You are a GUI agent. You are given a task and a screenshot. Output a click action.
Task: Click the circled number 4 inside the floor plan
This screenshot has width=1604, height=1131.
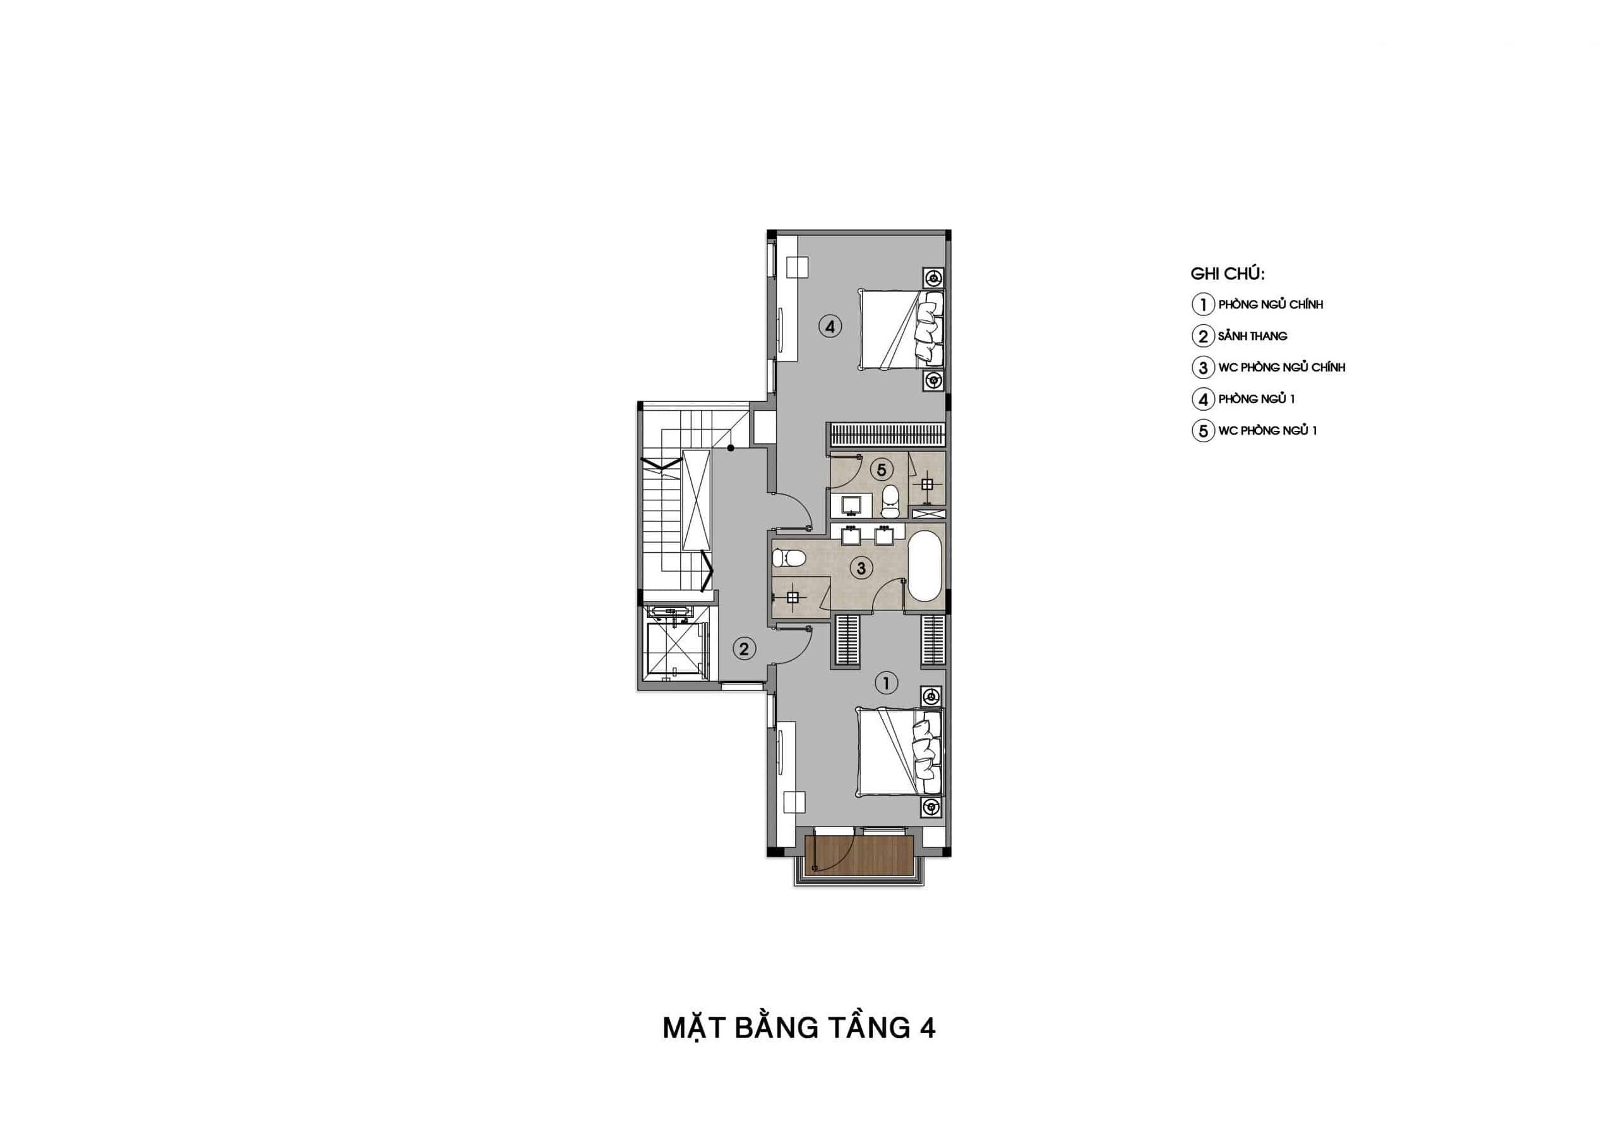pos(830,327)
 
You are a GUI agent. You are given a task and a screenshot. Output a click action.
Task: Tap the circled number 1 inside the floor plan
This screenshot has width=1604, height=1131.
pos(886,683)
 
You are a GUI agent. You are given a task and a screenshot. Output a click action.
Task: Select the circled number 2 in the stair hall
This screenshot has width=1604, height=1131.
pos(743,650)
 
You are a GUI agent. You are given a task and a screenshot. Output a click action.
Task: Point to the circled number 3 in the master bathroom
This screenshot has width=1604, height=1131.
pos(861,568)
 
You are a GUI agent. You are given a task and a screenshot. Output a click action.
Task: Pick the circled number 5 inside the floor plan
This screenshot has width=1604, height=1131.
pos(882,469)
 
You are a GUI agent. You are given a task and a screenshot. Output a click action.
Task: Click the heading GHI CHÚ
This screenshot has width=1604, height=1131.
pos(1228,274)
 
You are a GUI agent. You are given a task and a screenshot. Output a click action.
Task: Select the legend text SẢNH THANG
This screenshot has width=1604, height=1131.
pos(1253,336)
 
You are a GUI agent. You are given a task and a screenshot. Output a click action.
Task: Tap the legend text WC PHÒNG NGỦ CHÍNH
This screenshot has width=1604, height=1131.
pos(1282,368)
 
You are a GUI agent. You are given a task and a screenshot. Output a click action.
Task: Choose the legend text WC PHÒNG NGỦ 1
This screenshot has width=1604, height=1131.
pos(1267,430)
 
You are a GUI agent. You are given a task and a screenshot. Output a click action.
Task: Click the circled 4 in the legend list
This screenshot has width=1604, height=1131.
pos(1203,400)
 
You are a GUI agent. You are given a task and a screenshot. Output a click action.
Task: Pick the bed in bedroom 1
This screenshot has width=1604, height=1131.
pos(901,751)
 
